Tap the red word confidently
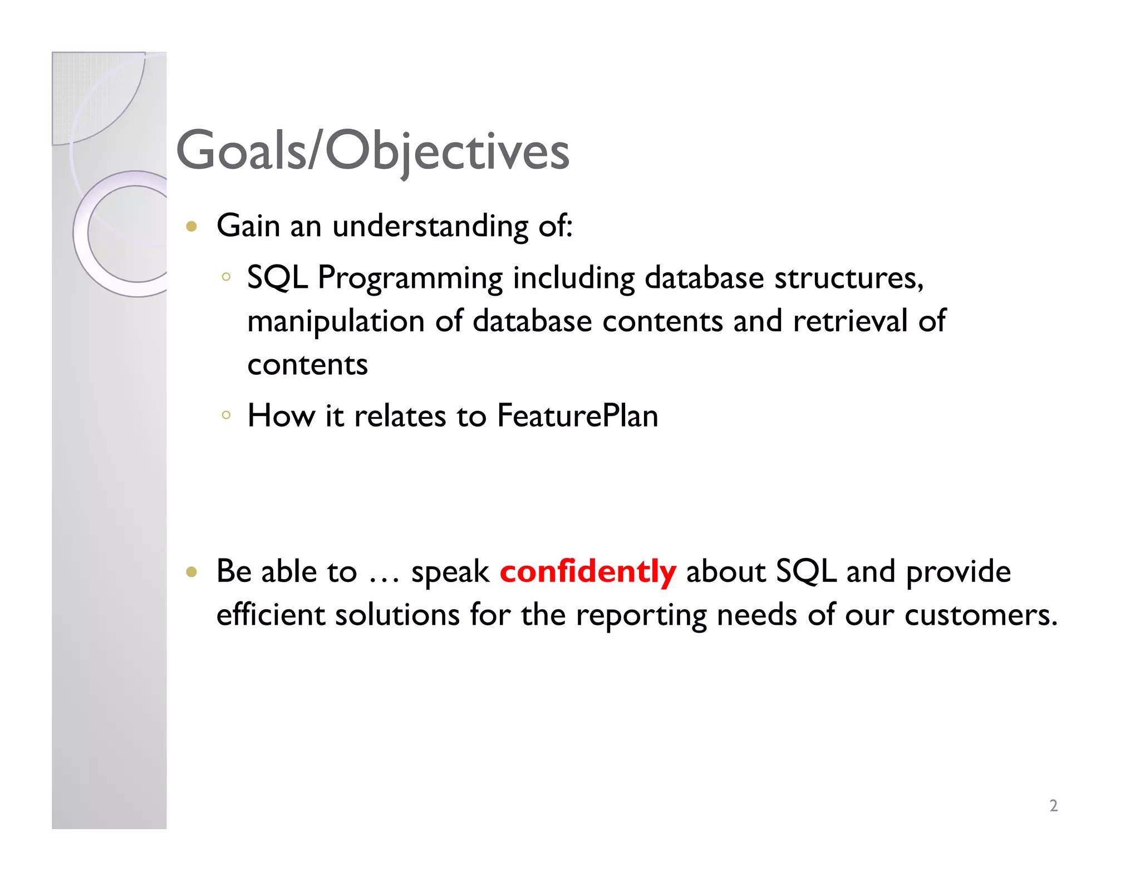588,572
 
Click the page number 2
1053,806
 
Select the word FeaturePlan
577,416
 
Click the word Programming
410,278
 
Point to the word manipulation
336,322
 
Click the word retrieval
850,321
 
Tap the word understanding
430,227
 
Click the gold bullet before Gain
191,226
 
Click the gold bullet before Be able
191,572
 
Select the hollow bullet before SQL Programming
225,276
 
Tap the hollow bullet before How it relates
225,414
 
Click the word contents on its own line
307,365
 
